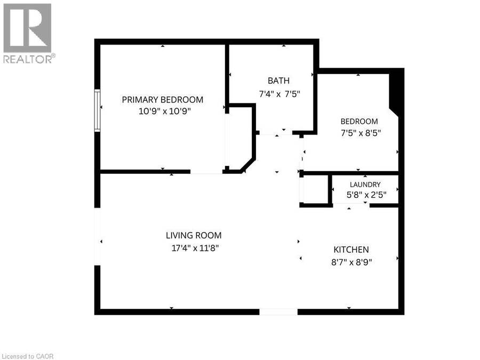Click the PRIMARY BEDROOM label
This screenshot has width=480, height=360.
pyautogui.click(x=163, y=100)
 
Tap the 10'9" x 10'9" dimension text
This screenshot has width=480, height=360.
pyautogui.click(x=165, y=111)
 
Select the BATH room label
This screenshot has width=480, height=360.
pyautogui.click(x=278, y=81)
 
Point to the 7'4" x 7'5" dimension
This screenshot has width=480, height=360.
pyautogui.click(x=279, y=94)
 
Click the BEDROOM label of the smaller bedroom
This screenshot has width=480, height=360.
pyautogui.click(x=359, y=121)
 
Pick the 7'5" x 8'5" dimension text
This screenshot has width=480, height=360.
pyautogui.click(x=361, y=133)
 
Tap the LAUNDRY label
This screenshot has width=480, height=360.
pyautogui.click(x=365, y=185)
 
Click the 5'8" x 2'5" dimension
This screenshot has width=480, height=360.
pyautogui.click(x=366, y=195)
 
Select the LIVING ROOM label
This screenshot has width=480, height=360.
pyautogui.click(x=194, y=235)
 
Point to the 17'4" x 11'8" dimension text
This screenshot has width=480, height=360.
pyautogui.click(x=195, y=247)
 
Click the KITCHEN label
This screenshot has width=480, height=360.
pyautogui.click(x=351, y=250)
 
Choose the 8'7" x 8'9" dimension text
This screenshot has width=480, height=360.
pyautogui.click(x=351, y=262)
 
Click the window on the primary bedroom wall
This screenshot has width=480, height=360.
pyautogui.click(x=98, y=110)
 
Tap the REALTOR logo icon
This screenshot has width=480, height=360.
pyautogui.click(x=27, y=28)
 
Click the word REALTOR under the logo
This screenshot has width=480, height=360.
pyautogui.click(x=28, y=59)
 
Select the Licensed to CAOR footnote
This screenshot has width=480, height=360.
pyautogui.click(x=27, y=356)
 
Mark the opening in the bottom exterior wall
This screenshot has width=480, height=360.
pyautogui.click(x=278, y=312)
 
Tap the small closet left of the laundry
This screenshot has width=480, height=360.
pyautogui.click(x=315, y=189)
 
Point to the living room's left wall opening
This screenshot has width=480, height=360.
pyautogui.click(x=98, y=237)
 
